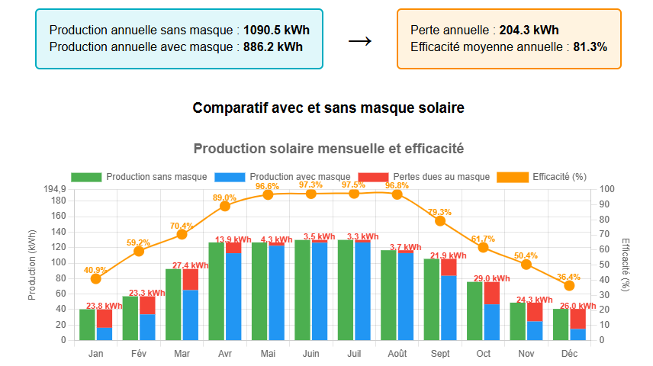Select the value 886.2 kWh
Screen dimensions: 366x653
click(273, 47)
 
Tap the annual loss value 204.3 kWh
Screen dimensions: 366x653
click(529, 30)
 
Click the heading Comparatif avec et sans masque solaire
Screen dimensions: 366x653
click(328, 108)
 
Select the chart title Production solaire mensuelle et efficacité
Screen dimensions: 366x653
click(328, 149)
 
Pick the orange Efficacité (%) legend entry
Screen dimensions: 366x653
click(559, 177)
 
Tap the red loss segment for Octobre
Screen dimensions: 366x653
click(492, 294)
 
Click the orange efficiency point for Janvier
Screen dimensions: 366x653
click(95, 278)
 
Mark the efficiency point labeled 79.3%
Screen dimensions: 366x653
click(439, 220)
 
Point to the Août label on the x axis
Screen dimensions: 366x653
click(397, 354)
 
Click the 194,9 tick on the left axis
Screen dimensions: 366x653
click(56, 189)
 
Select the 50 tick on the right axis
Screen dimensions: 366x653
click(602, 265)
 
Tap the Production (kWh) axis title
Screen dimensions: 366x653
click(32, 265)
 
